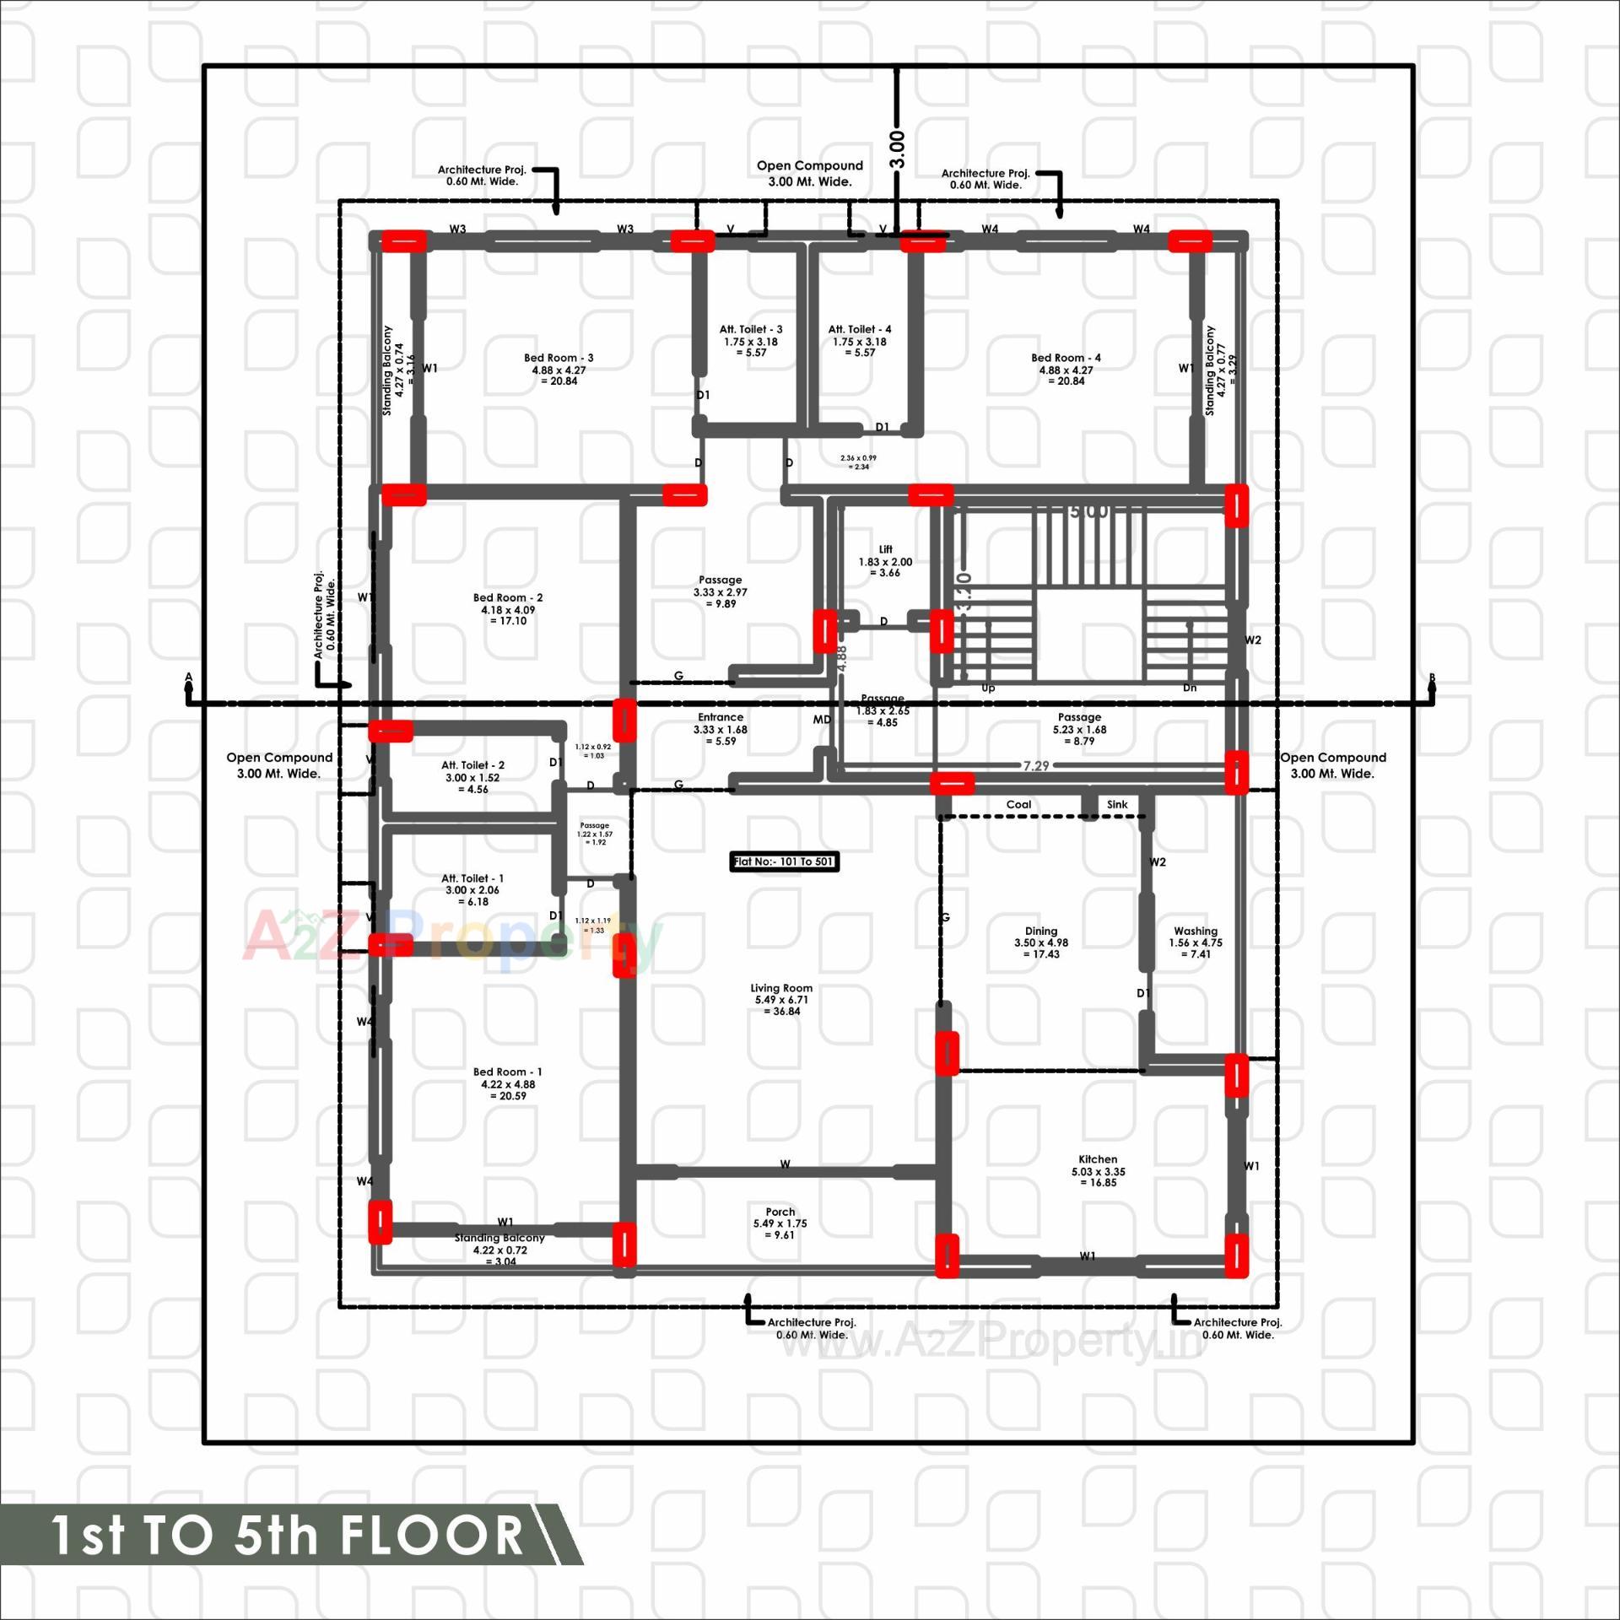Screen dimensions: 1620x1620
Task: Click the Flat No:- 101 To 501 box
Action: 784,861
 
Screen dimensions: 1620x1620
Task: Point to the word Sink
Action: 1117,804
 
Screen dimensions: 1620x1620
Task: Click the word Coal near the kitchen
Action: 1018,804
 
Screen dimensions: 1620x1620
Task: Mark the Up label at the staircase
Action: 988,688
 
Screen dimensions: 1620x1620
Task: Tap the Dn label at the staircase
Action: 1189,688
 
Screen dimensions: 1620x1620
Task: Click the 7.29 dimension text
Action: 1036,765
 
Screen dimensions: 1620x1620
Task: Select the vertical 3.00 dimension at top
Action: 898,148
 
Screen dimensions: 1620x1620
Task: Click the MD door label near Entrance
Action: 822,720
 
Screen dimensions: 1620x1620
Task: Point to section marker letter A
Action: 189,678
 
